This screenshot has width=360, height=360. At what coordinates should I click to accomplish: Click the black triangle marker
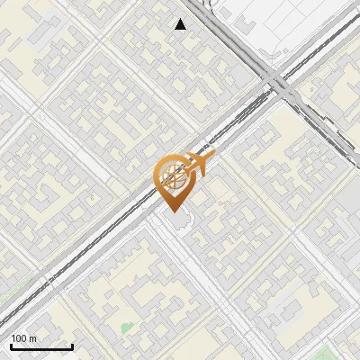[x=181, y=24]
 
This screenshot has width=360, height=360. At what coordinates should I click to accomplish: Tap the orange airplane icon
[x=201, y=162]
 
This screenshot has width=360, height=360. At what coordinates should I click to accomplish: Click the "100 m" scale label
[x=24, y=339]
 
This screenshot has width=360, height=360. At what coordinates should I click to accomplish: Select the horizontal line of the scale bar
[x=40, y=347]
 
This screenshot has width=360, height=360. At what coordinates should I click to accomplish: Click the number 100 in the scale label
[x=20, y=339]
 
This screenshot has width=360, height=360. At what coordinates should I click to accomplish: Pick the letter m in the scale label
[x=33, y=339]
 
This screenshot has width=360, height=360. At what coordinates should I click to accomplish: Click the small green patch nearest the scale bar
[x=125, y=326]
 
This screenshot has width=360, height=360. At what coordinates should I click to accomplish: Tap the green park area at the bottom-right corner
[x=346, y=346]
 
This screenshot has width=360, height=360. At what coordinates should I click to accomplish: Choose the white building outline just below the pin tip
[x=177, y=222]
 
